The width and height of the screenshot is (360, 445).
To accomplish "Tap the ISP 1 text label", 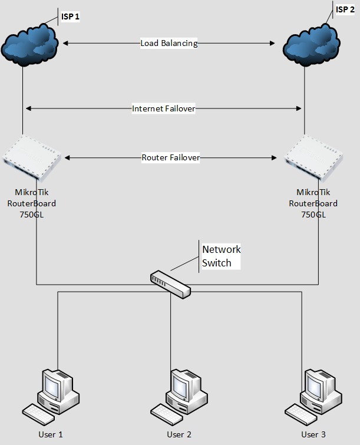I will (x=70, y=17).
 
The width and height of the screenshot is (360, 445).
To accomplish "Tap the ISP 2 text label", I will (x=345, y=9).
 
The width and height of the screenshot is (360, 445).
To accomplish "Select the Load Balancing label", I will (x=169, y=43).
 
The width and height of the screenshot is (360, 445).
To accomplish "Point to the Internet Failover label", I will (x=163, y=108).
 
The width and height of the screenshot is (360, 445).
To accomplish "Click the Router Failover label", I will (x=170, y=158).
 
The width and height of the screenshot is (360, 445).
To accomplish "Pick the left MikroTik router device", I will (x=32, y=157).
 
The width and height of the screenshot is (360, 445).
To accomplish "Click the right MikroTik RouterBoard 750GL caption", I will (x=313, y=203).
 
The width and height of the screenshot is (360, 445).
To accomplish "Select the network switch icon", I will (x=170, y=284).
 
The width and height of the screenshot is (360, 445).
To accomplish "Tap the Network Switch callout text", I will (x=221, y=256).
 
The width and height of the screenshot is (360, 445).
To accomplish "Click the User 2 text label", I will (x=179, y=434).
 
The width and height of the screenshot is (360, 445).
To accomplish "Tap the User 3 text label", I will (x=313, y=434).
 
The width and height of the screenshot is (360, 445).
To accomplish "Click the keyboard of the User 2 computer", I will (x=166, y=411).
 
